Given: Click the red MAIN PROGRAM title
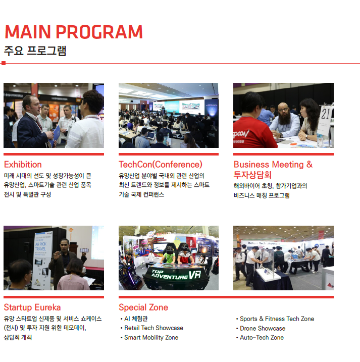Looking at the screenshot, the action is (74, 32).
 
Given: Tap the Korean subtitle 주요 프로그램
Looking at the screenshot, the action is (35, 51).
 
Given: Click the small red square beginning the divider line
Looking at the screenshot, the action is (3, 63).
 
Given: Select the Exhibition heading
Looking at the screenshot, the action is (23, 165).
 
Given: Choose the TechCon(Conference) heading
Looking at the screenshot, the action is (161, 165).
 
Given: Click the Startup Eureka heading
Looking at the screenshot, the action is (32, 307).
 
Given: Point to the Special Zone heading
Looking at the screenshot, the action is (143, 307).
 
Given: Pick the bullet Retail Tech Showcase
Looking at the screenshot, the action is (153, 328).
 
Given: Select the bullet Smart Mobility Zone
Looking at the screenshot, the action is (151, 338).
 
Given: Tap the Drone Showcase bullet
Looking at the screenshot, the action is (263, 328).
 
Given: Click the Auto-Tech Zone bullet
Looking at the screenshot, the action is (262, 338).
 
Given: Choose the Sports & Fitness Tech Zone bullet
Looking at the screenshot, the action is (277, 319).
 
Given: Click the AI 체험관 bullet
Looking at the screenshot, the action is (136, 319).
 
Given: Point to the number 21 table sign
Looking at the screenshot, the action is (326, 120).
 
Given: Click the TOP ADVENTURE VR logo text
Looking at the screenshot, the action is (176, 275).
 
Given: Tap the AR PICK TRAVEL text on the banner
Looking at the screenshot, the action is (40, 246).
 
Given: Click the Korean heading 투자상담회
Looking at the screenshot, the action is (252, 175).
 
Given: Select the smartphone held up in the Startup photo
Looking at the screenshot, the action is (84, 250).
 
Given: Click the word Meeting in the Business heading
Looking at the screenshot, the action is (288, 165).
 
